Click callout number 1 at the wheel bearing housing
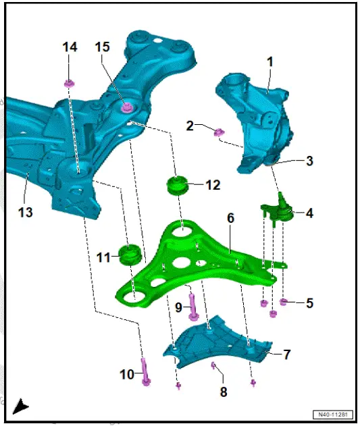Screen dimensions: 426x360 pos(270,61)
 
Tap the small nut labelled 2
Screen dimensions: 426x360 pos(218,132)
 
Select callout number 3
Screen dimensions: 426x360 pos(309,161)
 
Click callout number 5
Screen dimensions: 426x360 pos(309,303)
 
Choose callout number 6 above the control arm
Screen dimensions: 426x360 pos(230,218)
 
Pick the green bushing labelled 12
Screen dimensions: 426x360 pos(177,184)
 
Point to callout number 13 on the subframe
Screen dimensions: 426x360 pos(25,213)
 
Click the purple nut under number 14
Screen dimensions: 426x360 pos(69,84)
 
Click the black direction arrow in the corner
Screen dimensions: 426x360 pos(20,406)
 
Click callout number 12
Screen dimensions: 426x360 pos(213,184)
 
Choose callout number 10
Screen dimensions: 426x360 pos(128,373)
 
